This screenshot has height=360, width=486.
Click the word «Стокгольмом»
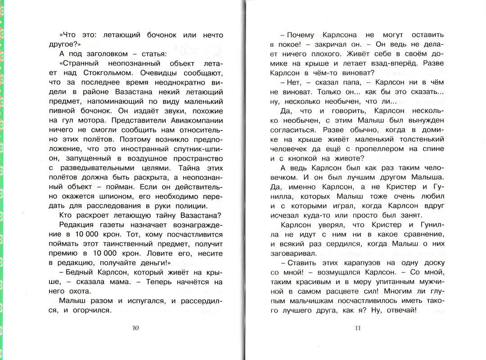106,72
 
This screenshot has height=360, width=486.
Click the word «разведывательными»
93,167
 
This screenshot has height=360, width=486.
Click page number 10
135,328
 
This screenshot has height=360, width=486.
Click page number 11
358,328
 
